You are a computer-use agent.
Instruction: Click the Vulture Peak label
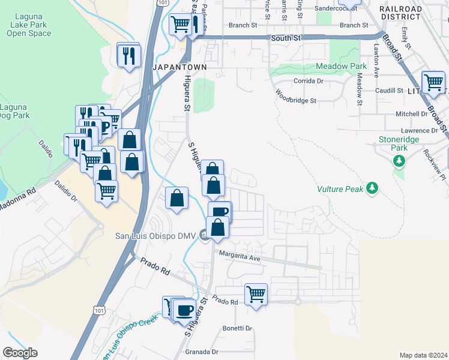[340, 189]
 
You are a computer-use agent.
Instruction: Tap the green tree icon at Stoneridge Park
[399, 161]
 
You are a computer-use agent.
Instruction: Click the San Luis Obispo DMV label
[155, 235]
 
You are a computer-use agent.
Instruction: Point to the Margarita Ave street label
[239, 257]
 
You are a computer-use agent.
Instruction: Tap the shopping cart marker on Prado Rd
[256, 295]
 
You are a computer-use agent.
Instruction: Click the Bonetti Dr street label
[238, 328]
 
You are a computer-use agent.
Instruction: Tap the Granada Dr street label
[201, 352]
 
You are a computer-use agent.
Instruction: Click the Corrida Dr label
[308, 80]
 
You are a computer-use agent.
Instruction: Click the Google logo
[20, 353]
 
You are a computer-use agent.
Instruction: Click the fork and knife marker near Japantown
[129, 56]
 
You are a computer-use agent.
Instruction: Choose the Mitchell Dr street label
[411, 113]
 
